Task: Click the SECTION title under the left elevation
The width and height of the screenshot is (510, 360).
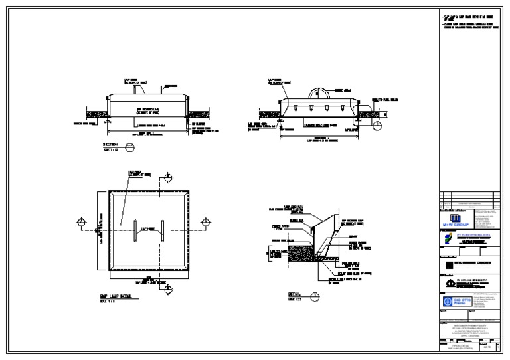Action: pos(110,144)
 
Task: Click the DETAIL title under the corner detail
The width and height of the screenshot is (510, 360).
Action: pos(294,293)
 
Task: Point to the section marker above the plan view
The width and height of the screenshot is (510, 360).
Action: pos(168,177)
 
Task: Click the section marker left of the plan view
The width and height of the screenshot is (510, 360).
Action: pos(81,221)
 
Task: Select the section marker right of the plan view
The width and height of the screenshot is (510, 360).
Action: pos(205,221)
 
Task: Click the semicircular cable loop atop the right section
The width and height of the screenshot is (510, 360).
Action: pos(316,94)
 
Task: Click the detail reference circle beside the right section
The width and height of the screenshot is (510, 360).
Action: pos(377,124)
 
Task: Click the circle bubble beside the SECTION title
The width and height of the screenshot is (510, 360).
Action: pos(129,146)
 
